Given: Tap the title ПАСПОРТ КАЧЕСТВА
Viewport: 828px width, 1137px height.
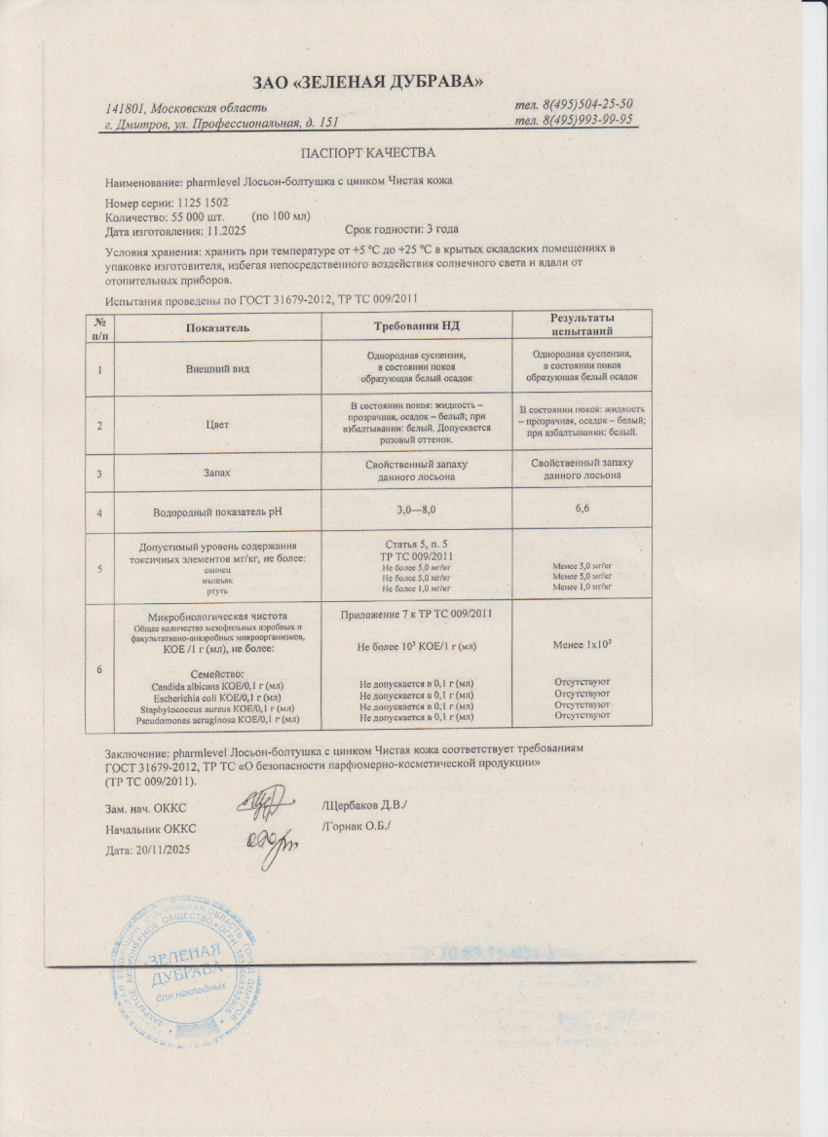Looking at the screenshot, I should pyautogui.click(x=368, y=153).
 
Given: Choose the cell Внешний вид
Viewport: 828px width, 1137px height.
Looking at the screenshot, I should pyautogui.click(x=217, y=369).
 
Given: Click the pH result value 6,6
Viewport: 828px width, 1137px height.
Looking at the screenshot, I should pyautogui.click(x=582, y=509).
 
